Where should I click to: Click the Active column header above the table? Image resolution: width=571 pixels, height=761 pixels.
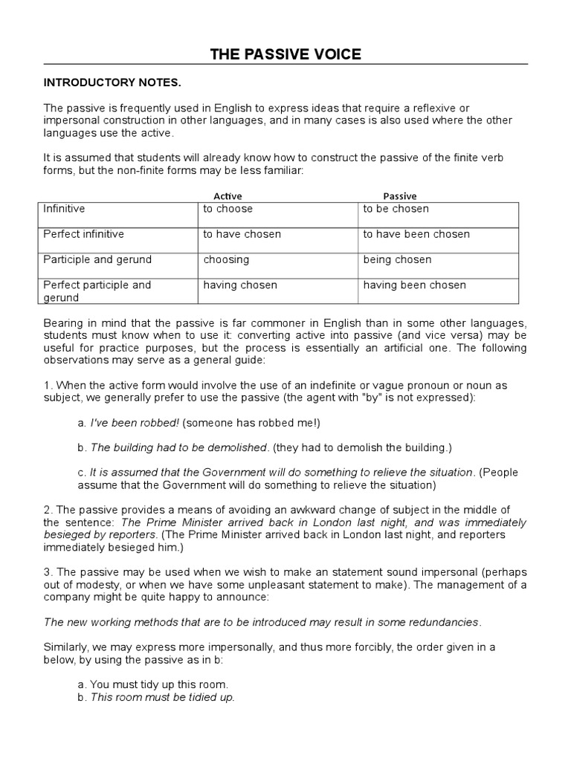228,195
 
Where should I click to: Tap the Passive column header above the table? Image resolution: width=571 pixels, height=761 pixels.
399,195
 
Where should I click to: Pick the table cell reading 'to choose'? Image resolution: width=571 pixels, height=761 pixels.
228,209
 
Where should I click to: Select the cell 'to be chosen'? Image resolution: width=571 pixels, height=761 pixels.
396,209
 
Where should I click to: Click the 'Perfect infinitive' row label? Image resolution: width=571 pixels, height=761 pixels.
83,234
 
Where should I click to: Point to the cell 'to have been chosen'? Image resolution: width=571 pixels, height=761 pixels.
416,234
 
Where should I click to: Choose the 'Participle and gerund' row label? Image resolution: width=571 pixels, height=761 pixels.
97,259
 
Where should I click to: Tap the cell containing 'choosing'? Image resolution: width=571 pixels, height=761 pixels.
226,259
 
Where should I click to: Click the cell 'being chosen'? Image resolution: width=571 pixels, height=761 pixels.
397,259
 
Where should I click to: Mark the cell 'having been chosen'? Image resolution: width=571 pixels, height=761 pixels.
414,285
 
